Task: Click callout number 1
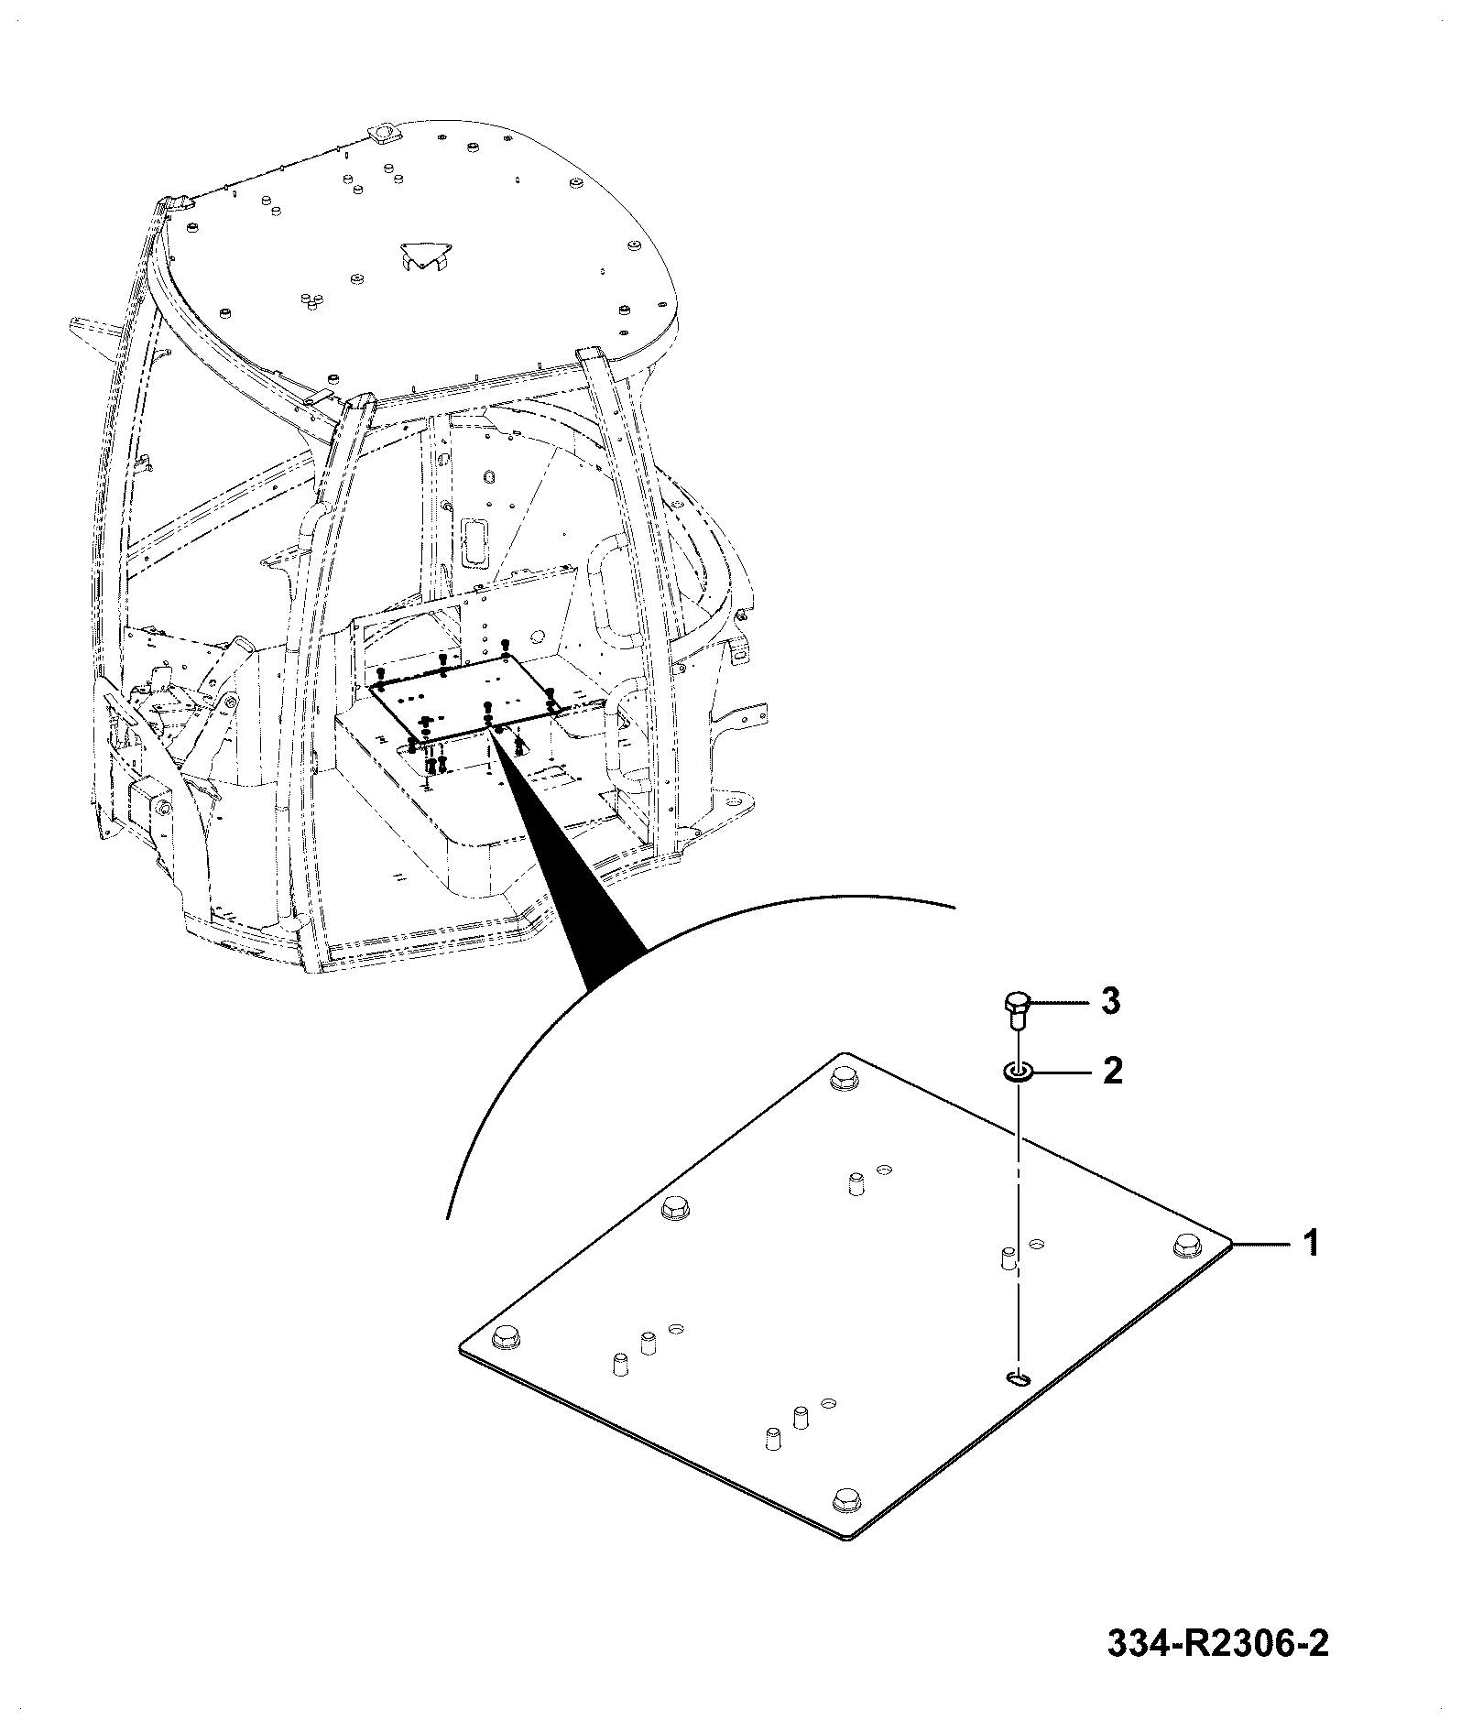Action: coord(1312,1244)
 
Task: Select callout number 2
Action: coord(1112,1070)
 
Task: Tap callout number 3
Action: coord(1109,1001)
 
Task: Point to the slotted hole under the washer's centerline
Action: coord(1018,1404)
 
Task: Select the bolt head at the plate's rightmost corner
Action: coord(1188,1243)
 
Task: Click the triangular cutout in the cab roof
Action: coord(423,256)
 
